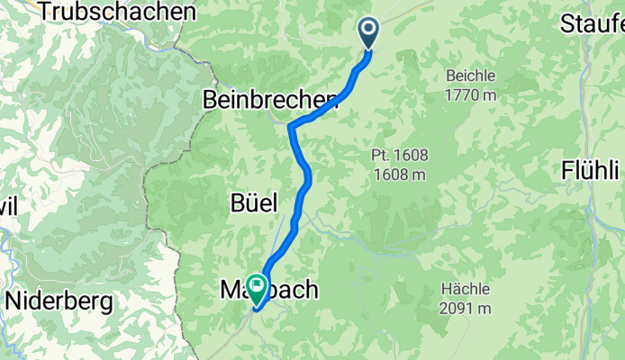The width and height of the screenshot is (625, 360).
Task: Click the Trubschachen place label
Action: click(x=117, y=13)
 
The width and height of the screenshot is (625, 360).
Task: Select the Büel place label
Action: click(x=253, y=201)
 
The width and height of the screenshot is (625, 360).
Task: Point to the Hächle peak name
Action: click(x=466, y=290)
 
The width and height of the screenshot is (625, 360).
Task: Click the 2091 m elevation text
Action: click(x=466, y=308)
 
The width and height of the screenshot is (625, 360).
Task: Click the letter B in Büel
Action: click(x=236, y=201)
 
